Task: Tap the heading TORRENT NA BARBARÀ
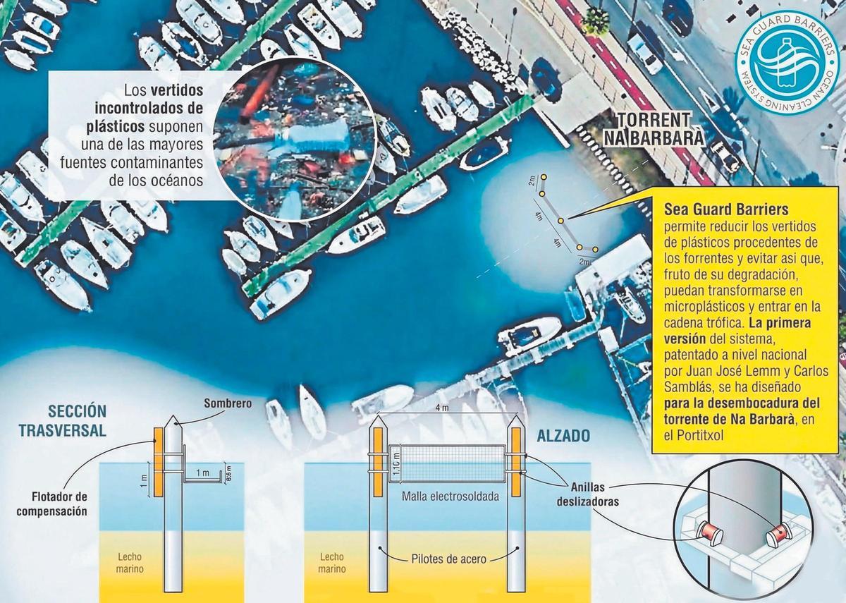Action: pyautogui.click(x=658, y=128)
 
